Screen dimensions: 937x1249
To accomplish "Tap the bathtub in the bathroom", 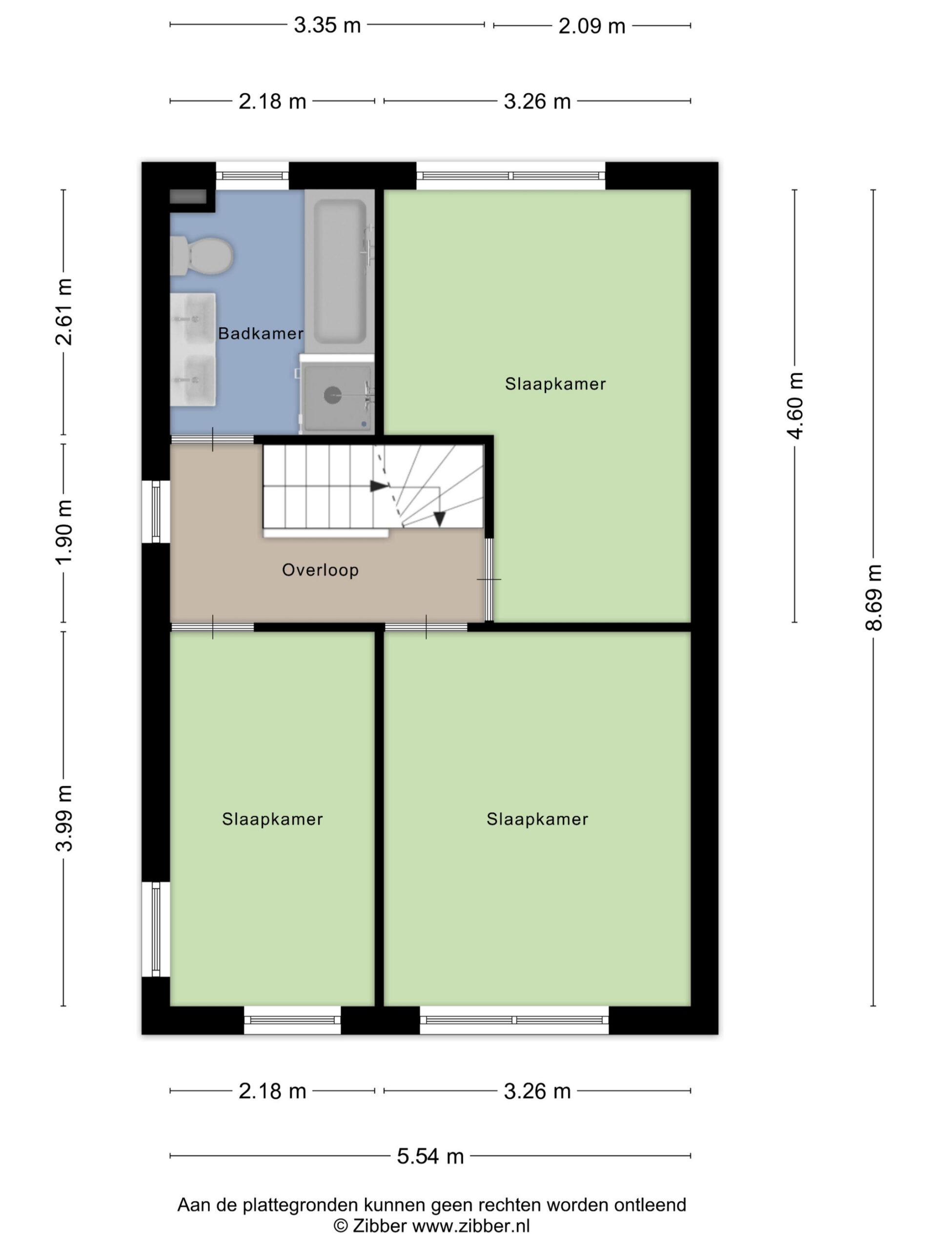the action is pyautogui.click(x=340, y=271).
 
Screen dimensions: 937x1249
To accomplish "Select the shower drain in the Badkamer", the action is pyautogui.click(x=332, y=395).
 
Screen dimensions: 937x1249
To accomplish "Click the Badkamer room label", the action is pyautogui.click(x=261, y=334).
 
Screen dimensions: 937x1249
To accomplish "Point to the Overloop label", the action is pyautogui.click(x=320, y=570).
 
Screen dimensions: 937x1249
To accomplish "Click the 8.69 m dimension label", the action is pyautogui.click(x=873, y=597).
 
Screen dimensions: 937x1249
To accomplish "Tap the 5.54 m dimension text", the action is pyautogui.click(x=430, y=1156).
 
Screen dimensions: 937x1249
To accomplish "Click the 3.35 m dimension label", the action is pyautogui.click(x=327, y=25).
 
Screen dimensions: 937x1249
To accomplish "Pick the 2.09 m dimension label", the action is pyautogui.click(x=592, y=26).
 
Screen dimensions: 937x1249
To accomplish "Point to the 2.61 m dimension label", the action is pyautogui.click(x=64, y=312).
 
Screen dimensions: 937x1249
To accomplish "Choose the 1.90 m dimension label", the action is pyautogui.click(x=64, y=531).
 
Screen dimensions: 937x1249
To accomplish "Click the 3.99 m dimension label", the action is pyautogui.click(x=64, y=818).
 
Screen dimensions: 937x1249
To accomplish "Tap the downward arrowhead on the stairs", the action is pyautogui.click(x=439, y=518).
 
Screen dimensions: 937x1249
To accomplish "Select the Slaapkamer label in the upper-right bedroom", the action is pyautogui.click(x=555, y=384).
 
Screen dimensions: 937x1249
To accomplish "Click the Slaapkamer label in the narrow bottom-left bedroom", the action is pyautogui.click(x=272, y=819).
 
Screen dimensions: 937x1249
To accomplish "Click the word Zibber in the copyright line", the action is pyautogui.click(x=380, y=1226).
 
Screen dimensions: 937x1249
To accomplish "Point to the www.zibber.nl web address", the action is pyautogui.click(x=471, y=1226).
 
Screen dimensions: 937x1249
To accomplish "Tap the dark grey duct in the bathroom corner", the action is pyautogui.click(x=188, y=197).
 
